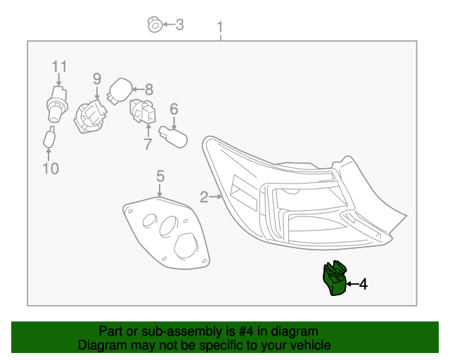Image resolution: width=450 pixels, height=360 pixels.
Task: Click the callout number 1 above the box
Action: tap(220, 29)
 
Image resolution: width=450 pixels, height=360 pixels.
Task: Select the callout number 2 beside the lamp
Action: tap(204, 198)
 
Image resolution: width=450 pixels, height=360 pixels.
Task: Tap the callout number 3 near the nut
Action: tap(179, 25)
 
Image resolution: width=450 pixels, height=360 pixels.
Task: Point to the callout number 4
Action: tap(363, 284)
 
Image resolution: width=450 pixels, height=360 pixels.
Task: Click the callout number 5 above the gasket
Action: tap(160, 176)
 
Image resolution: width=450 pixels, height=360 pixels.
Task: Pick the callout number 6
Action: tap(174, 109)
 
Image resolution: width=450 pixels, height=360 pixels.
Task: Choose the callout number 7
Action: tap(148, 145)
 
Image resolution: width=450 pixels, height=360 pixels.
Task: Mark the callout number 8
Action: tap(148, 89)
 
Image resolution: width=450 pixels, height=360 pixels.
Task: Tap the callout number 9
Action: tap(97, 79)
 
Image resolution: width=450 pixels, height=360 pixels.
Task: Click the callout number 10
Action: tap(50, 168)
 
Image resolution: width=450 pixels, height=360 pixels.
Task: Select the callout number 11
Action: tap(59, 67)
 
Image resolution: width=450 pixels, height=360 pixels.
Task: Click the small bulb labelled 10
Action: tap(50, 139)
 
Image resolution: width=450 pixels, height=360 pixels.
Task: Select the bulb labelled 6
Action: tap(174, 136)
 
